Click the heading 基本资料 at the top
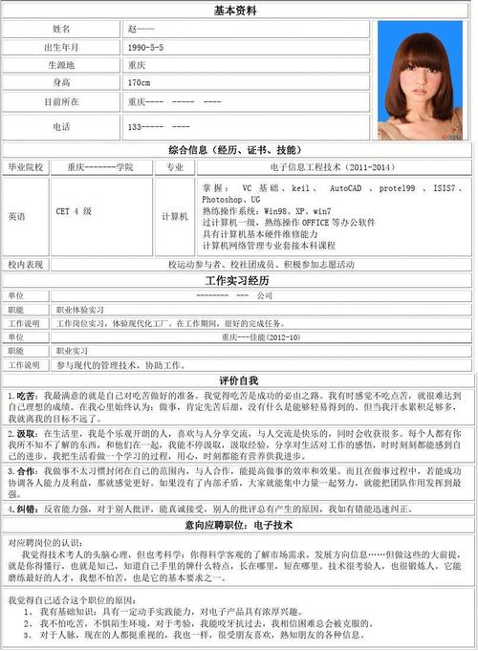click(x=238, y=11)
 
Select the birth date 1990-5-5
click(x=145, y=47)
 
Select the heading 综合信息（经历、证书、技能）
click(x=238, y=151)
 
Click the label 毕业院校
click(x=26, y=167)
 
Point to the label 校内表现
click(x=26, y=264)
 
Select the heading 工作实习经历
click(x=238, y=281)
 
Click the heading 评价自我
click(x=238, y=380)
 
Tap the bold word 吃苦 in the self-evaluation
click(x=24, y=395)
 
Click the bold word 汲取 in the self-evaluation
click(x=24, y=433)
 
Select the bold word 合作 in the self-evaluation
click(x=24, y=471)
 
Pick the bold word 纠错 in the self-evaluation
click(x=24, y=510)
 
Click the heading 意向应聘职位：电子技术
click(x=238, y=525)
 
